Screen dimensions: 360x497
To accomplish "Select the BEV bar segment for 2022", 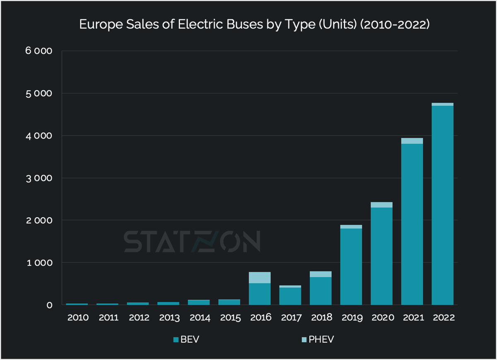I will (x=442, y=207).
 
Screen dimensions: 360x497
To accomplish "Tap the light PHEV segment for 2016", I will (x=260, y=278).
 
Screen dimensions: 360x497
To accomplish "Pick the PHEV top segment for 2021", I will (x=412, y=141).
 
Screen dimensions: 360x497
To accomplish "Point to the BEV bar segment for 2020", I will (x=381, y=257).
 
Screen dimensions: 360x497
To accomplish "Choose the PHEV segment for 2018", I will (x=321, y=274).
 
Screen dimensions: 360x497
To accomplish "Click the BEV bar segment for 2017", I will (x=290, y=296).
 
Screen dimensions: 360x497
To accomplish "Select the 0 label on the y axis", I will (x=50, y=305).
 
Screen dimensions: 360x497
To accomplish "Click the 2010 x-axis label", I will (x=78, y=318).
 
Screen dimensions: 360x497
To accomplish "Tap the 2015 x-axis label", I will (x=230, y=318).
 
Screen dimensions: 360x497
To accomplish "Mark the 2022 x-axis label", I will (x=442, y=318).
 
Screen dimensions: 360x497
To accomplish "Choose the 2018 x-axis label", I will (x=321, y=318).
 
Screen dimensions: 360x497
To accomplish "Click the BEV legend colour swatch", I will (x=176, y=340).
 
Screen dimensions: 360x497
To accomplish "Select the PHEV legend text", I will (x=321, y=340).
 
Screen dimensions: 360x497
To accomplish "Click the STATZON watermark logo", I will (x=192, y=242).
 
